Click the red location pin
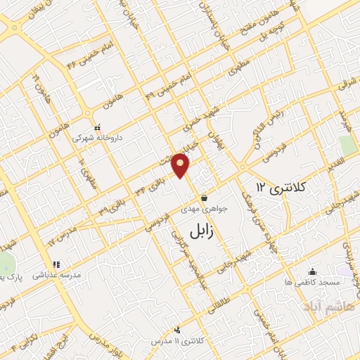[x=181, y=165]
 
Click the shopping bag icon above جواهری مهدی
[x=202, y=198]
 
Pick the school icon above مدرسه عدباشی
[x=56, y=265]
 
